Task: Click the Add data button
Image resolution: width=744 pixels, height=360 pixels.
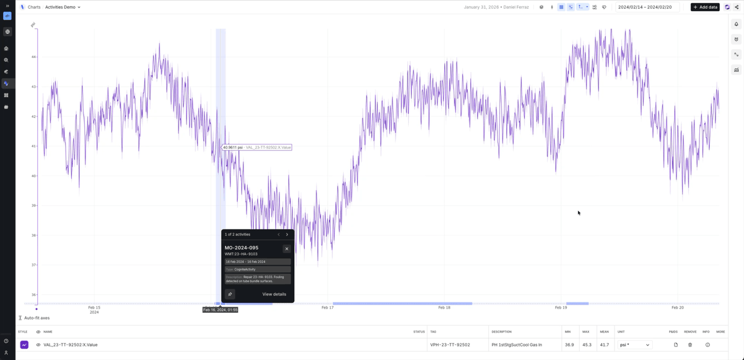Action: coord(705,7)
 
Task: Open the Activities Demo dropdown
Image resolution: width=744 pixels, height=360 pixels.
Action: coord(63,7)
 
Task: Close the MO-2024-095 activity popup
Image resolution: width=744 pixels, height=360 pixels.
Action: coord(287,248)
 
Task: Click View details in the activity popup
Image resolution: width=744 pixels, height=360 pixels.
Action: coord(274,294)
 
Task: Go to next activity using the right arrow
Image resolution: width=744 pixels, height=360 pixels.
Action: coord(287,235)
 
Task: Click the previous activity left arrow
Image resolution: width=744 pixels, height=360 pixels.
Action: coord(279,235)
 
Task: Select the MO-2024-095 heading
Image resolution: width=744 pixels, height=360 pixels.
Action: coord(242,248)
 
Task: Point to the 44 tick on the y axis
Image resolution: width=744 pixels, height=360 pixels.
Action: coord(33,57)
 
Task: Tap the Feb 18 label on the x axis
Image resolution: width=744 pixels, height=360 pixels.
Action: coord(444,307)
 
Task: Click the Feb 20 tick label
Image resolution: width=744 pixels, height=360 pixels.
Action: coord(678,307)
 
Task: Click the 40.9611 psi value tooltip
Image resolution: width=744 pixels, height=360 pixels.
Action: coord(256,147)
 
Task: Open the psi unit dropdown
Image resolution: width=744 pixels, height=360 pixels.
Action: coord(635,345)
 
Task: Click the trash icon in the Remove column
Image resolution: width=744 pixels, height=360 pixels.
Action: coord(690,345)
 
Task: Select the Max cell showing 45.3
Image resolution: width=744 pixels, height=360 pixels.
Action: coord(586,345)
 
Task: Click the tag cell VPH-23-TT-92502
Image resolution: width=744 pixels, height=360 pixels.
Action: coord(450,345)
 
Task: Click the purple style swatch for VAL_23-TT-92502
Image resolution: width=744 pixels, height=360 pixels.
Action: coord(24,345)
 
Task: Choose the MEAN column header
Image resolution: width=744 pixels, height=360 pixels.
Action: coord(604,332)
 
